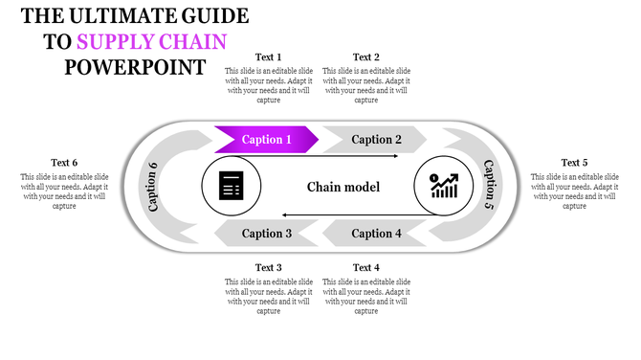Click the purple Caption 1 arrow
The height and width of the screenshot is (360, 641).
[x=266, y=140]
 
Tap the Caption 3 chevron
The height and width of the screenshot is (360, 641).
[x=266, y=233]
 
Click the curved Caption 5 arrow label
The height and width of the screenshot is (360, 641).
[x=489, y=185]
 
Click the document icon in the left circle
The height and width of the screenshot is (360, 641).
[x=231, y=186]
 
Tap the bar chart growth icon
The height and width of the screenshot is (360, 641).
[x=444, y=185]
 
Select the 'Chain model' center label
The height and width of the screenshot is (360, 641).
[x=343, y=187]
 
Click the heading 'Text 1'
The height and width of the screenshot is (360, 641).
[x=269, y=57]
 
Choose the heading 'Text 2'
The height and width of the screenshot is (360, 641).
[x=366, y=57]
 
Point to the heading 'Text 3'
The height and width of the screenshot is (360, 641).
[x=269, y=267]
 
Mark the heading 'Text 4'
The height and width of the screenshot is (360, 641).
[x=366, y=267]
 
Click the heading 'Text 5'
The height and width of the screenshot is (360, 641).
[x=574, y=163]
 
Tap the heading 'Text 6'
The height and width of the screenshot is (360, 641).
[x=65, y=163]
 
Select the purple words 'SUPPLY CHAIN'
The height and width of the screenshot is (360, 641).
[x=152, y=42]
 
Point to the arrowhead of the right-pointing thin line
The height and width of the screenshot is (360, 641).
[x=394, y=155]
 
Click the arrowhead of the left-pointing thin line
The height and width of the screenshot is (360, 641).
[x=282, y=215]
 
